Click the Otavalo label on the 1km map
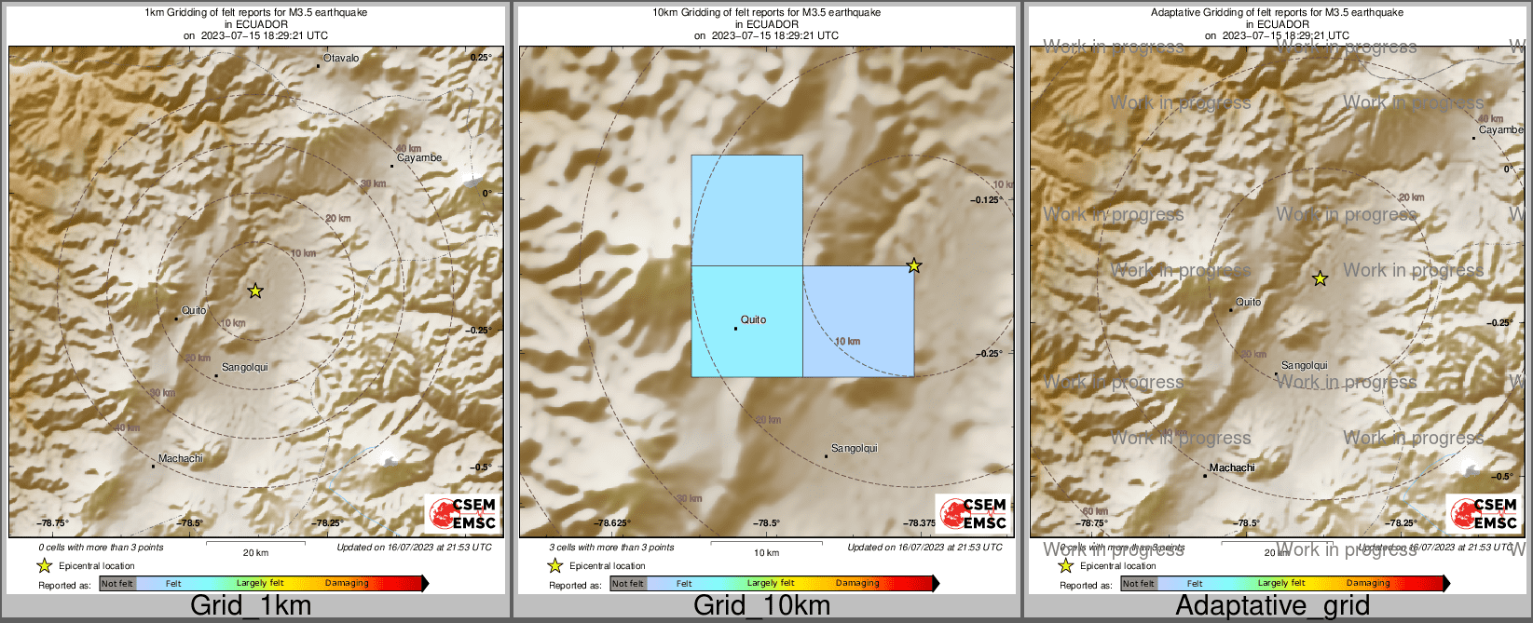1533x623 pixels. [340, 59]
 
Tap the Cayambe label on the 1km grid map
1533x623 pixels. [419, 158]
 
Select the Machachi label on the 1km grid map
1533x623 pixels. [180, 458]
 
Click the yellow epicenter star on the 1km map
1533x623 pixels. [255, 291]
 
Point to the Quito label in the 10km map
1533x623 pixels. [753, 319]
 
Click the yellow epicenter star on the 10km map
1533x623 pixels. [914, 266]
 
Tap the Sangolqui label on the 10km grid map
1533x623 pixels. [854, 449]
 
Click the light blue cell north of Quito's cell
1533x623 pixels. [746, 210]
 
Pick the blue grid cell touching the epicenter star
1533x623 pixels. [858, 321]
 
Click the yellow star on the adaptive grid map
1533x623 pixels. [1320, 278]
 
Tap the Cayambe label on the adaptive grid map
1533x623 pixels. [1500, 130]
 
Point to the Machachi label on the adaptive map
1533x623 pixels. [1232, 467]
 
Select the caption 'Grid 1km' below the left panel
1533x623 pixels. [251, 605]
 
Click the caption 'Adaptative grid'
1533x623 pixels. [1272, 605]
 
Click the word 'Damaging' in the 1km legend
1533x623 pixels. [347, 584]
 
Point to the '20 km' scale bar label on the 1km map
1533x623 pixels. [255, 553]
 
